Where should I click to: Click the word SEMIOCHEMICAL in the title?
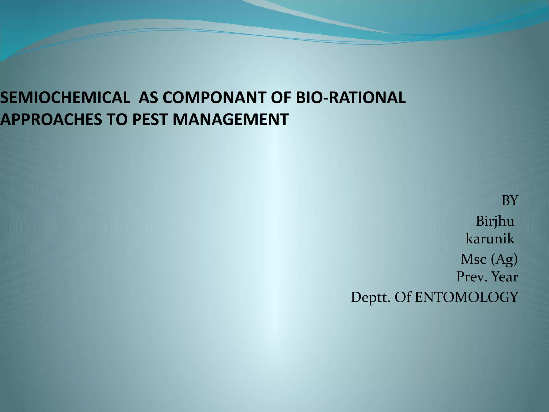click(x=64, y=98)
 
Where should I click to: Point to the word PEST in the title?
click(x=150, y=119)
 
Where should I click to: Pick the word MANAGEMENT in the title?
click(x=231, y=119)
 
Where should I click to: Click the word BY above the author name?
click(x=510, y=201)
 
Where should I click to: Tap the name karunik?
click(x=490, y=239)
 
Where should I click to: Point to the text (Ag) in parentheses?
click(x=504, y=260)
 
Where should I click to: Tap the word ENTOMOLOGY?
click(x=466, y=297)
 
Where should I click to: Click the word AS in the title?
click(x=148, y=98)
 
